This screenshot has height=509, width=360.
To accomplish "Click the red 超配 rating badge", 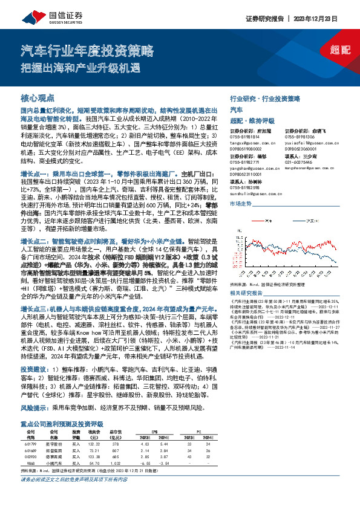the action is [341, 50].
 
